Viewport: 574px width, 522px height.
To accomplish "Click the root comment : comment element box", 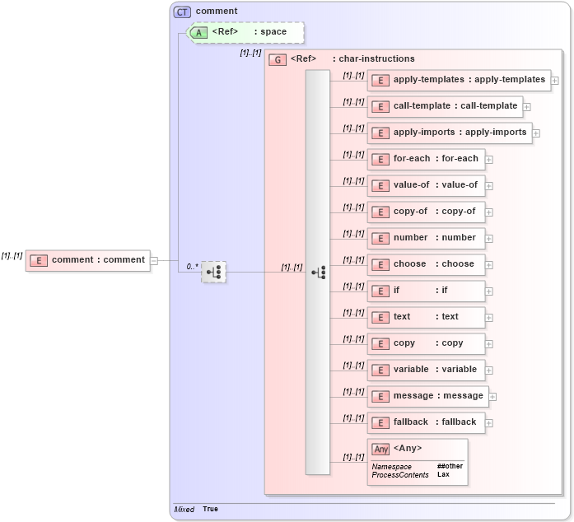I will coord(88,260).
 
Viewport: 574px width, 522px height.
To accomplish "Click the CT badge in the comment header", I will coord(182,12).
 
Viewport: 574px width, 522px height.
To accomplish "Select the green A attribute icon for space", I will coord(198,32).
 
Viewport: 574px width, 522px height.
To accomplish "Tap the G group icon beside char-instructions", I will coord(278,59).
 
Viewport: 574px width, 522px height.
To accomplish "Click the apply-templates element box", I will coord(459,80).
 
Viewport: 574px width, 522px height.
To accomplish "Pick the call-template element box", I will coord(445,106).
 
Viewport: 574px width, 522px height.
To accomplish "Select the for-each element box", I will coord(426,159).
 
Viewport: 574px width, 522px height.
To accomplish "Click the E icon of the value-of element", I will coord(380,185).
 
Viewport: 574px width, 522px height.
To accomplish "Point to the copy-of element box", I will coord(426,212).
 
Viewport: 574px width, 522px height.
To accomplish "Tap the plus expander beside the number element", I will coord(489,239).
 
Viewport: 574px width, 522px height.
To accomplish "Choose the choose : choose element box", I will coord(426,264).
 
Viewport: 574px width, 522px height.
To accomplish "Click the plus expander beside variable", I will coord(489,371).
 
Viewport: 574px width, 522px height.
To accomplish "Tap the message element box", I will coord(427,396).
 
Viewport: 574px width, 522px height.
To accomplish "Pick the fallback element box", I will coord(426,422).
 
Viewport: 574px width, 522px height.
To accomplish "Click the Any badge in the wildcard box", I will coord(380,449).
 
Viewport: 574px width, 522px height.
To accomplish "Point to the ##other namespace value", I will coord(450,466).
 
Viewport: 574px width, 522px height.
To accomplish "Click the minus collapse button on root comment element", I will coord(154,260).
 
